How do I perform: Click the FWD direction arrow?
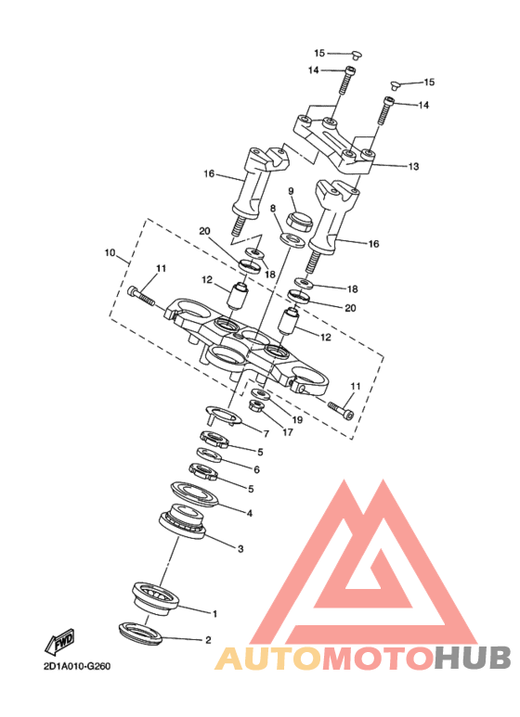60,642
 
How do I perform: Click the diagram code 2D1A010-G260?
77,666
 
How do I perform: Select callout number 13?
413,166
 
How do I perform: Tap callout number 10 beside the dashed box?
110,252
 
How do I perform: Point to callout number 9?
292,191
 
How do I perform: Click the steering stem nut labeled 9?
299,221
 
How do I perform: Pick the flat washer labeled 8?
292,240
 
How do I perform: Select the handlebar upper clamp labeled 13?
334,143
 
